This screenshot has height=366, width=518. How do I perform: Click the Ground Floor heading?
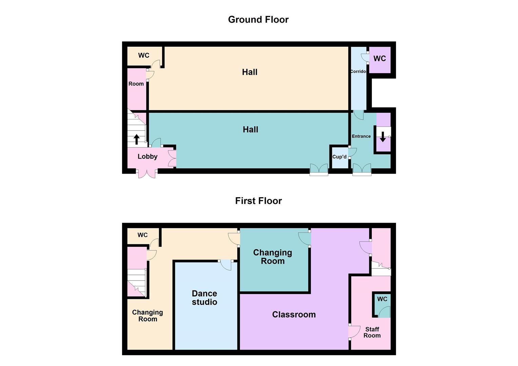(x=258, y=20)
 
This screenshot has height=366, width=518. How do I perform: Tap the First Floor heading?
(x=259, y=201)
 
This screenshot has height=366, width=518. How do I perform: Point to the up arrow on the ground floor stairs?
(x=137, y=139)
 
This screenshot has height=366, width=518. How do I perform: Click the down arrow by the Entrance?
(x=383, y=137)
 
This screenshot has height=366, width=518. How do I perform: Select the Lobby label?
(x=147, y=157)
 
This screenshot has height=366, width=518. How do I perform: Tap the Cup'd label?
(x=339, y=157)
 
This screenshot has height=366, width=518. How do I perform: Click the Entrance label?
(x=361, y=136)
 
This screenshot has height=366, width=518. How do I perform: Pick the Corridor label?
(x=358, y=71)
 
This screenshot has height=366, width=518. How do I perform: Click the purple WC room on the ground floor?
(x=380, y=60)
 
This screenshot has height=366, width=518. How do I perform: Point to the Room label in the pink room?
(x=136, y=84)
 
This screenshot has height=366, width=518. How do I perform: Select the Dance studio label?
(x=204, y=298)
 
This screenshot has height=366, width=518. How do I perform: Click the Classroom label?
(x=294, y=314)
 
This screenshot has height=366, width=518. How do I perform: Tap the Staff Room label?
(x=372, y=332)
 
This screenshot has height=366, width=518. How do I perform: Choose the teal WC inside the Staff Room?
(x=382, y=305)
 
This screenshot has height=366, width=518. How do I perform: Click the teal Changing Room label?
(x=273, y=257)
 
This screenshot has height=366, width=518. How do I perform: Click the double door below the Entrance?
(x=362, y=169)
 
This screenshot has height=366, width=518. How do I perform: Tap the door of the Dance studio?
(x=226, y=265)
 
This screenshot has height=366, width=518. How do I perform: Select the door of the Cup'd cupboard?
(x=353, y=152)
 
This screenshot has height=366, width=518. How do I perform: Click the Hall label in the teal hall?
(x=251, y=129)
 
